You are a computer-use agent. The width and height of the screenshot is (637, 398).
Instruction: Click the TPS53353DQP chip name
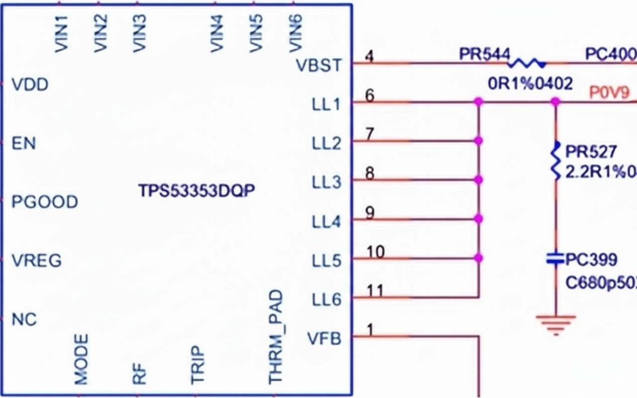tap(198, 191)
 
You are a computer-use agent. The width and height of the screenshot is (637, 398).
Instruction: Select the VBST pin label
tap(318, 66)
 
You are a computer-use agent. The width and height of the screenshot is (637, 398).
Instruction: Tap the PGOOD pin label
tap(45, 202)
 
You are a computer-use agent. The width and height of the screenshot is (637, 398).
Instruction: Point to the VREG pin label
tap(37, 260)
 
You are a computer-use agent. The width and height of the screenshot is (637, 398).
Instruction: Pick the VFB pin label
tap(324, 339)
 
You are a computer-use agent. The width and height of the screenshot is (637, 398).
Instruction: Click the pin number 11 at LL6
tap(375, 291)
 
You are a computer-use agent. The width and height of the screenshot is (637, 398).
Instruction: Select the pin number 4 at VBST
tap(369, 56)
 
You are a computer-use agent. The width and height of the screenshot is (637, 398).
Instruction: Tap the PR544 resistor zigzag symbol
tap(526, 63)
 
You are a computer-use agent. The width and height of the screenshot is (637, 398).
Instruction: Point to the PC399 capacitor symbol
tap(555, 259)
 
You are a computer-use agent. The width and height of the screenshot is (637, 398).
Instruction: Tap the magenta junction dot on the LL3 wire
tap(479, 180)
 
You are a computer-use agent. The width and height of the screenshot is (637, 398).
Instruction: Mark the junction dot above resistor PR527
tap(555, 102)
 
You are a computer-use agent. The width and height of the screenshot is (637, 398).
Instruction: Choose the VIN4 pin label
tap(216, 33)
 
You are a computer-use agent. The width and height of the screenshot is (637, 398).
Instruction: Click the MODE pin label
tap(81, 359)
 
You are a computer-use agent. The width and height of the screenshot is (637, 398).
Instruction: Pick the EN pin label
tap(24, 144)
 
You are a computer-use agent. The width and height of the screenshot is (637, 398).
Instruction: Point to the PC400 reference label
tap(610, 54)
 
